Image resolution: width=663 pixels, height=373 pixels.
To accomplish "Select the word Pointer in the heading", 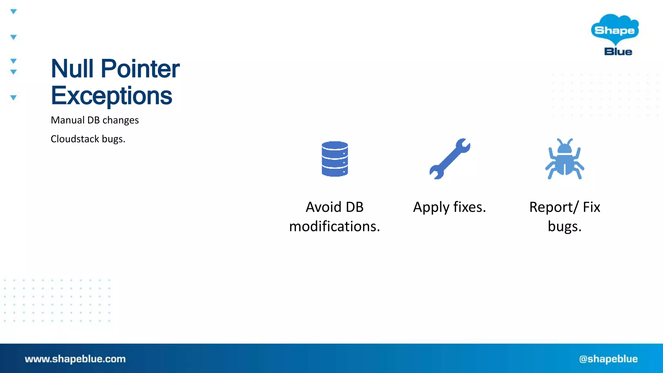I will [140, 69].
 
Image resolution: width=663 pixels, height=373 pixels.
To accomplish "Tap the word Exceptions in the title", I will [111, 96].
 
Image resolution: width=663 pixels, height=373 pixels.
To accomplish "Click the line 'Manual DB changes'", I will [95, 120].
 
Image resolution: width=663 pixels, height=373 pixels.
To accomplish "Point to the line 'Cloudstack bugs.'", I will [88, 139].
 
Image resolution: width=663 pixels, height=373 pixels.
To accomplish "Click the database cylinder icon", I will [335, 159].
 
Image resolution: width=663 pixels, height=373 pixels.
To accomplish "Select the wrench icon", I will [450, 159].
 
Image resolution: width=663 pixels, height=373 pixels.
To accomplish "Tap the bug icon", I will [565, 159].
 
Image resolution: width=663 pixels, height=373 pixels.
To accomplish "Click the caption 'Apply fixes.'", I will [449, 207].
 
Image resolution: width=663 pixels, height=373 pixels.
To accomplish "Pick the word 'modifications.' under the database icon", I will [334, 226].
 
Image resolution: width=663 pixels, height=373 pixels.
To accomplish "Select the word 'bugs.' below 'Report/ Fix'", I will [565, 226].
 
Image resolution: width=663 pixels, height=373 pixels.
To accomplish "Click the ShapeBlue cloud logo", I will [615, 29].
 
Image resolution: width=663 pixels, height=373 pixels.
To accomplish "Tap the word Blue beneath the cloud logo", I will [618, 52].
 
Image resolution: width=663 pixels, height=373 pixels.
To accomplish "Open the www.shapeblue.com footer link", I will [75, 359].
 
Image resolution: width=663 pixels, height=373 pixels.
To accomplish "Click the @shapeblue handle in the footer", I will [608, 359].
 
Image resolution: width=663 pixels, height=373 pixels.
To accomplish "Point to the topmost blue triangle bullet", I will [13, 12].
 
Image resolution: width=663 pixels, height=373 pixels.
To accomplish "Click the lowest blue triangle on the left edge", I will [13, 97].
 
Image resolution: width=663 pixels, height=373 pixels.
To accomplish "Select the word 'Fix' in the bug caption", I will [591, 207].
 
